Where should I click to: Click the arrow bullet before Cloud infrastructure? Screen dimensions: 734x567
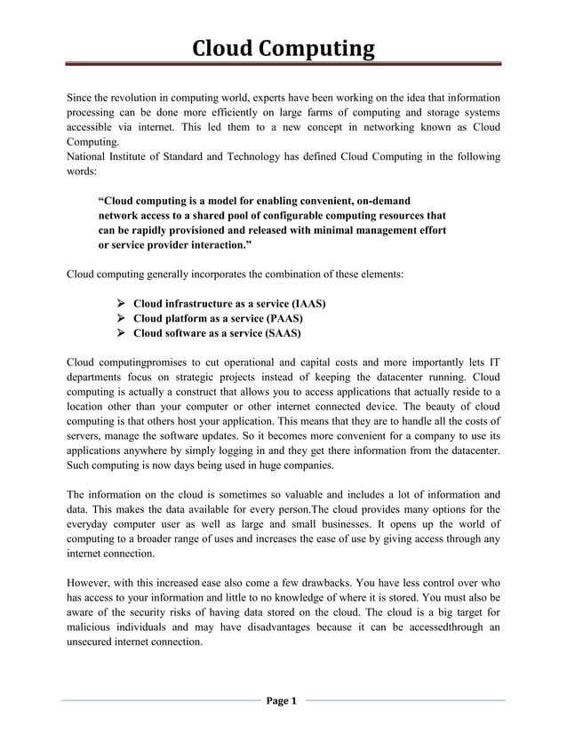(122, 304)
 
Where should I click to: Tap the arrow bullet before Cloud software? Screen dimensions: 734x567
(122, 334)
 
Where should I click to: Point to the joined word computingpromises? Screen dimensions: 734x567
(138, 363)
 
